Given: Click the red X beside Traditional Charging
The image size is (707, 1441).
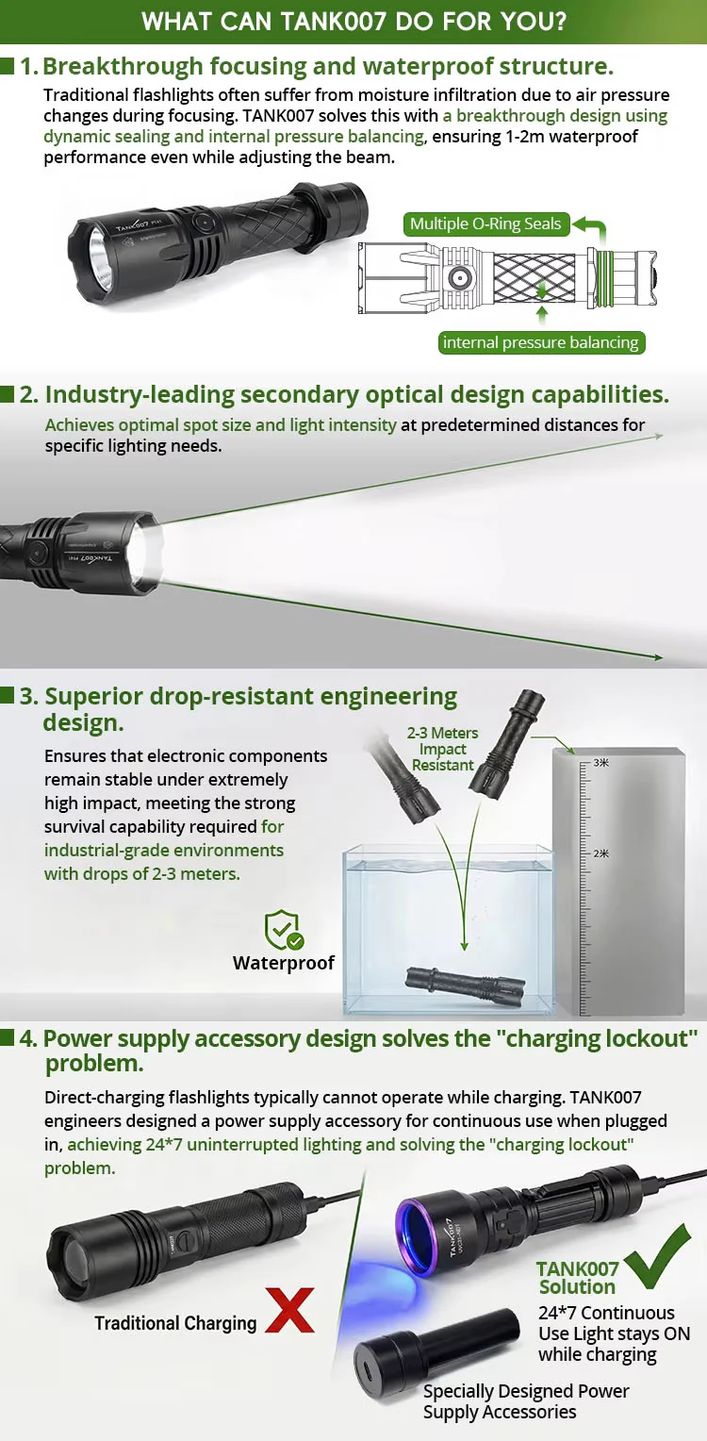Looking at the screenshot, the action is [289, 1310].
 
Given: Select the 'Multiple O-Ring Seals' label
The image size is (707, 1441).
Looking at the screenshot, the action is [485, 224].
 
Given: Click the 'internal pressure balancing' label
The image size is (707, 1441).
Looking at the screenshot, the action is [541, 342].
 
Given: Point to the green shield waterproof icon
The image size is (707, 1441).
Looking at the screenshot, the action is [283, 930].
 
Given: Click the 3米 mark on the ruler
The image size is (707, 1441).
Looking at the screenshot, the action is [600, 762].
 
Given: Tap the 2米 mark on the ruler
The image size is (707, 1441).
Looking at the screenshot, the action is [600, 853].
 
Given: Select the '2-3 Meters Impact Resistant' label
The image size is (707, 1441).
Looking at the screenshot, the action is [443, 749].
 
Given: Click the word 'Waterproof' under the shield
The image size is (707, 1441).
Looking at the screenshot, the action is [284, 963].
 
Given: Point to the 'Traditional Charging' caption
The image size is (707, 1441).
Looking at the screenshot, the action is [175, 1323].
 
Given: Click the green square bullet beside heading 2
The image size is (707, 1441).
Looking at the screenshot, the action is [8, 394].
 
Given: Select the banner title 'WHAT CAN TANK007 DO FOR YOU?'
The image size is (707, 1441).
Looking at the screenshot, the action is [353, 22].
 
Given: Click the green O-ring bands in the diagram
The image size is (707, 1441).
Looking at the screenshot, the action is [604, 277].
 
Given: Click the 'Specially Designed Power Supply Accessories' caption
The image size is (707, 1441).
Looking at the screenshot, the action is [526, 1401].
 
